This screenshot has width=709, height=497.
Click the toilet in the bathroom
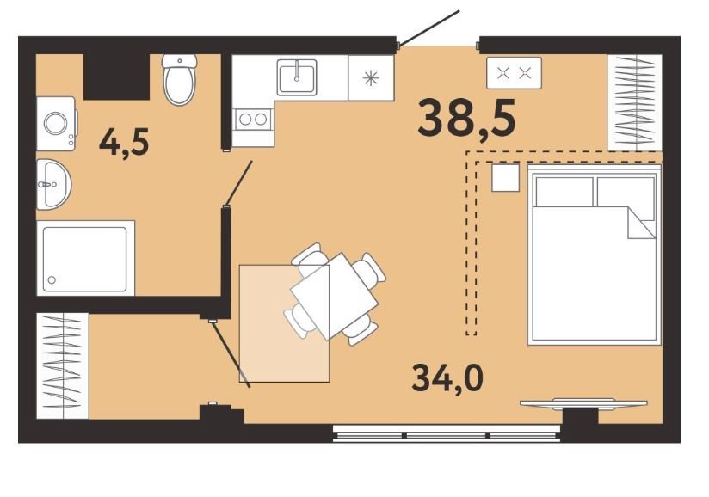point(180,79)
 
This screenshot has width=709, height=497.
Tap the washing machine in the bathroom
point(56,123)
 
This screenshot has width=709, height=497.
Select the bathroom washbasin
point(53,184)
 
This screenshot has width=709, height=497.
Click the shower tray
point(85,259)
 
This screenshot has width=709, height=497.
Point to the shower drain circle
point(52,280)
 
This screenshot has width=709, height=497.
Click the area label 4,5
point(124,142)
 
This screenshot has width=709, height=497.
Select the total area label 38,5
point(466,118)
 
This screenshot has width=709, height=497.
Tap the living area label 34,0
point(447,378)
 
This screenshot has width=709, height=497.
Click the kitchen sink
point(297,77)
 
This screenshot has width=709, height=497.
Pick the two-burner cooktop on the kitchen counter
point(253,120)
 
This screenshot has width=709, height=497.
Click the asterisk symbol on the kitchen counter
point(371,78)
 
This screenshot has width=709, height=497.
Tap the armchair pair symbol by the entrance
point(515,73)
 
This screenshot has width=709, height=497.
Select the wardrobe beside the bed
point(635,103)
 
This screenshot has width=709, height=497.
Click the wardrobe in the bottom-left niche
point(63,366)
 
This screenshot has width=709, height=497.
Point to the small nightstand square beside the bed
point(506,178)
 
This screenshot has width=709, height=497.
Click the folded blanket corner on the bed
point(641,223)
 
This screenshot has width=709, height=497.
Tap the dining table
point(335,297)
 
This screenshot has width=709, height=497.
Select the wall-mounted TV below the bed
point(583,403)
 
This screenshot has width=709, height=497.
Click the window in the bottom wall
point(447,433)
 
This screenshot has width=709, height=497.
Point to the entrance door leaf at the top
point(428,28)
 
